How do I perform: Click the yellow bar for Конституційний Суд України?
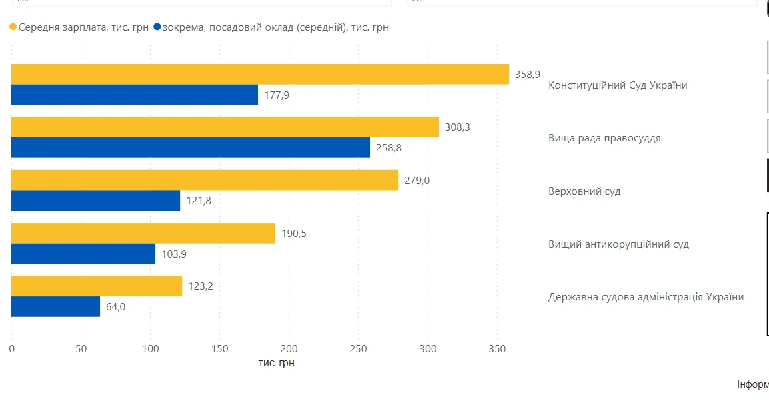click(260, 74)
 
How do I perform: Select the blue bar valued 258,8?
click(191, 147)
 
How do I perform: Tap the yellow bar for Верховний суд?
click(205, 180)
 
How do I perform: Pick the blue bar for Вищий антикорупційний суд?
click(83, 254)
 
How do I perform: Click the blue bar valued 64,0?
click(55, 306)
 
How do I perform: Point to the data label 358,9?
click(528, 75)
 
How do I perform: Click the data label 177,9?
click(277, 95)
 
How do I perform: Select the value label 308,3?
click(458, 127)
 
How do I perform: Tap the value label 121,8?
click(199, 201)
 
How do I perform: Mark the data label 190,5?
click(294, 234)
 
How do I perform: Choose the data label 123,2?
click(201, 286)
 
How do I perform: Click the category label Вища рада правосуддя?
click(604, 138)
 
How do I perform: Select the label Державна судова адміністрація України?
click(646, 297)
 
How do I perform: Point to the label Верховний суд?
click(584, 191)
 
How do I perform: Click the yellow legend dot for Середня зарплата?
click(13, 27)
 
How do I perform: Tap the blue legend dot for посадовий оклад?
click(157, 27)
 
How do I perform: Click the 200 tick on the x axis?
click(289, 348)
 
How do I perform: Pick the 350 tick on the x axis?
click(497, 348)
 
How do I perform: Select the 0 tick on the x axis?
click(11, 348)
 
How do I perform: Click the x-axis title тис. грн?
click(276, 363)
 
